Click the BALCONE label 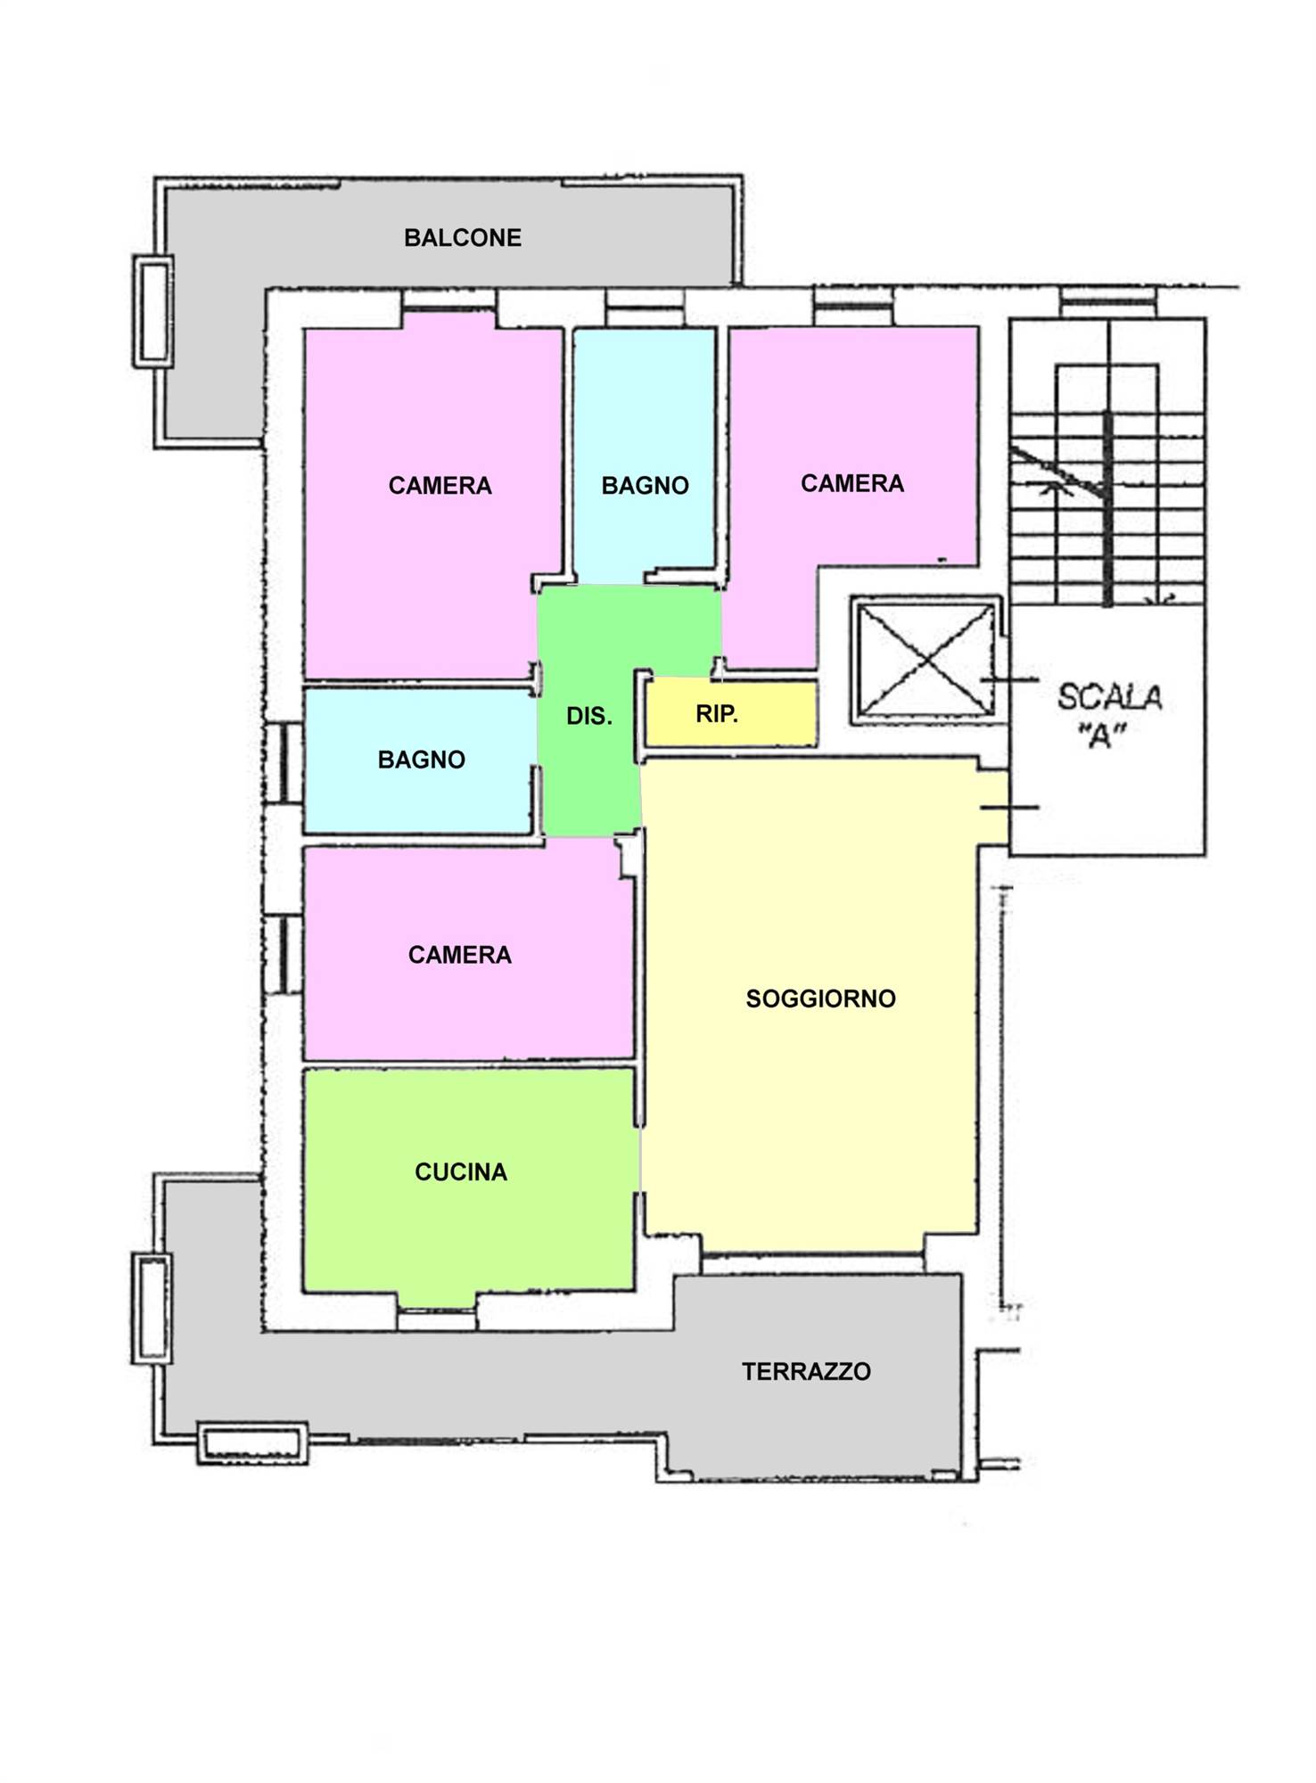(463, 238)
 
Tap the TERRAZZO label (806, 1371)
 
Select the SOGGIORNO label (820, 998)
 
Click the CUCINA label (461, 1171)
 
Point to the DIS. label (589, 716)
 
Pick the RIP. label (717, 714)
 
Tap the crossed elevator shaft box (926, 660)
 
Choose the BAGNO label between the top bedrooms (645, 486)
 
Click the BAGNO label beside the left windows (421, 760)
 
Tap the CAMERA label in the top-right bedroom (852, 483)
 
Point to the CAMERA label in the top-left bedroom (440, 486)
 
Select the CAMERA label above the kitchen (459, 955)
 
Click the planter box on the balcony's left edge (152, 311)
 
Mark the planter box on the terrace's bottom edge (252, 1442)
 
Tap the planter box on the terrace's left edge (152, 1308)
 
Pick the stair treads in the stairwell (1107, 508)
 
